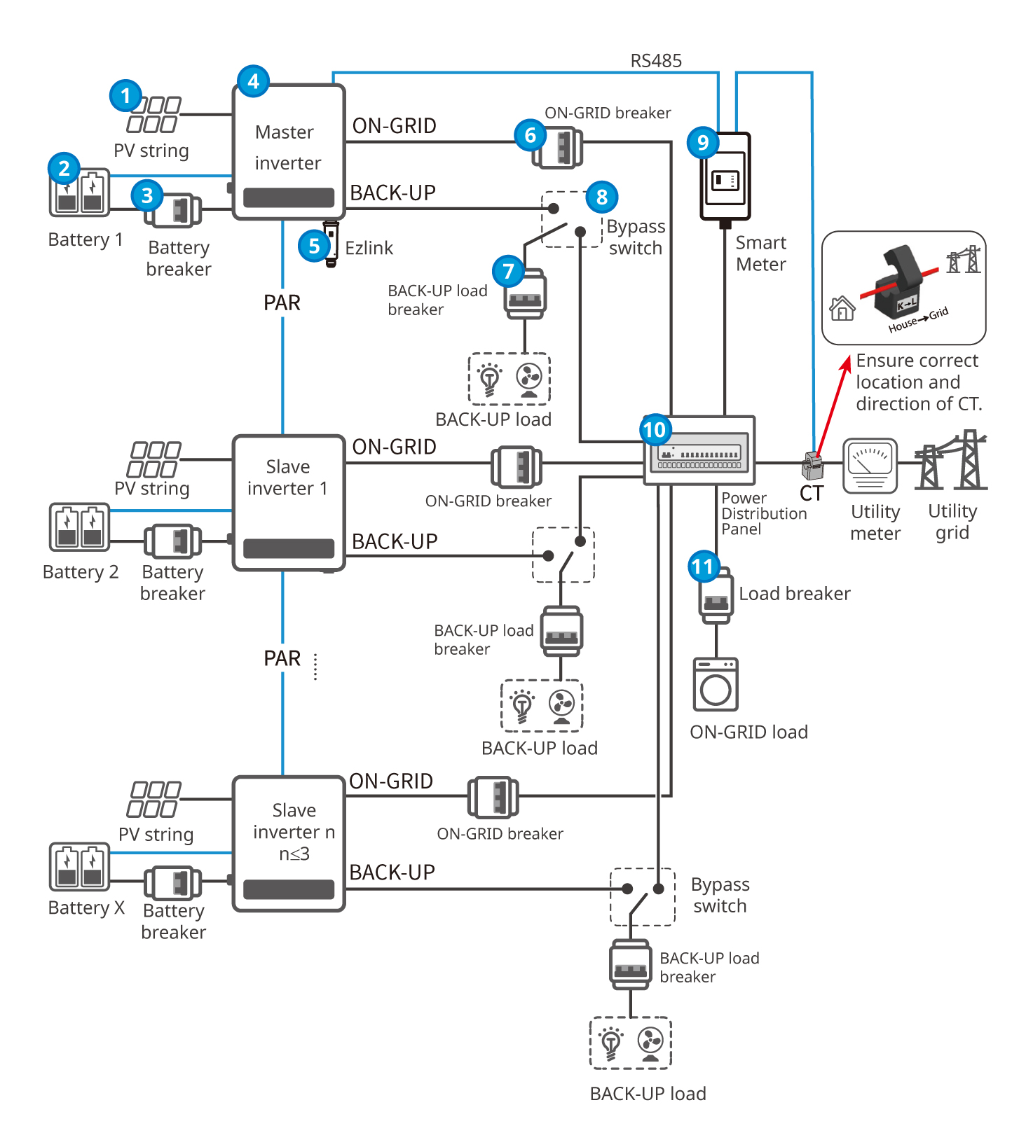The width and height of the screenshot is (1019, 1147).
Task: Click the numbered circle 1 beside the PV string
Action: tap(125, 95)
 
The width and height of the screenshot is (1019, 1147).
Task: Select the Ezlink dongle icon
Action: tap(331, 242)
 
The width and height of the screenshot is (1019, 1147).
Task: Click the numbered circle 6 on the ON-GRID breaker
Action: tap(530, 135)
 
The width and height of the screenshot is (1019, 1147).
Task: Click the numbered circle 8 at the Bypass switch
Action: tap(601, 197)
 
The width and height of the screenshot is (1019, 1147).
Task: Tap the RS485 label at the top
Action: tap(655, 61)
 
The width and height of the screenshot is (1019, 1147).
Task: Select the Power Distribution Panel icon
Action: tap(699, 450)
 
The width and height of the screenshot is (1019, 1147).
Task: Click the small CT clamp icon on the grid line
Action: tap(812, 465)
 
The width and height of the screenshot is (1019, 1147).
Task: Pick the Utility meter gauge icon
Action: tap(870, 465)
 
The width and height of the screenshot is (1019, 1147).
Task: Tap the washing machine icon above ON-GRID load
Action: tap(716, 684)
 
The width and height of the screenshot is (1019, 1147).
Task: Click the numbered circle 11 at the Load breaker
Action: tap(703, 566)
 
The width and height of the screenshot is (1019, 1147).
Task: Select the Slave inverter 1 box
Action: tap(288, 502)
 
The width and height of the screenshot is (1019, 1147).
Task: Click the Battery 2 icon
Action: tap(79, 527)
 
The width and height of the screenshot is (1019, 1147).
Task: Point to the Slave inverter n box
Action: tap(288, 843)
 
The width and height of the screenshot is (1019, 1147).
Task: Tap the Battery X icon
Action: tap(79, 867)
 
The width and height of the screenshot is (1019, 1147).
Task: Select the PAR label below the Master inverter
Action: tap(282, 303)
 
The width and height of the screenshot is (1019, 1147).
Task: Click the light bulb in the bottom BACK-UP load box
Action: tap(611, 1043)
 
